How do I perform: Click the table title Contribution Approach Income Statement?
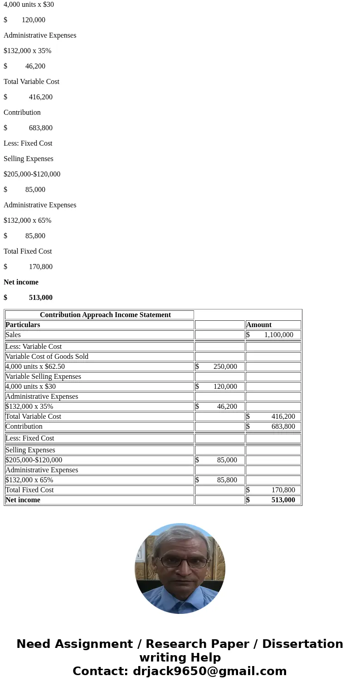coord(105,315)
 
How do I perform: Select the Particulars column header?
coord(23,325)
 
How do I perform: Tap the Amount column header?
coord(259,325)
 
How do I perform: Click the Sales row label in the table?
coord(13,335)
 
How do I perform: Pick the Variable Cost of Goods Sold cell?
coord(47,357)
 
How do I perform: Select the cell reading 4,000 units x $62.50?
coord(35,367)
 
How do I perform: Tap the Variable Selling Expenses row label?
coord(43,377)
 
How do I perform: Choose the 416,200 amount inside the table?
coord(283,417)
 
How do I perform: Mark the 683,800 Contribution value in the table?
coord(283,426)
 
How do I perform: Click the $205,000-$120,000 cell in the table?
coord(34,460)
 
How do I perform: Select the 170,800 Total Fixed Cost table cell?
coord(283,490)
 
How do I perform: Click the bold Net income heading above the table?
coord(21,282)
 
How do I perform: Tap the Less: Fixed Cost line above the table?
coord(28,143)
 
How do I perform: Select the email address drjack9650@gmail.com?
coord(209,671)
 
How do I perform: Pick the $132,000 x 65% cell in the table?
coord(29,480)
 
